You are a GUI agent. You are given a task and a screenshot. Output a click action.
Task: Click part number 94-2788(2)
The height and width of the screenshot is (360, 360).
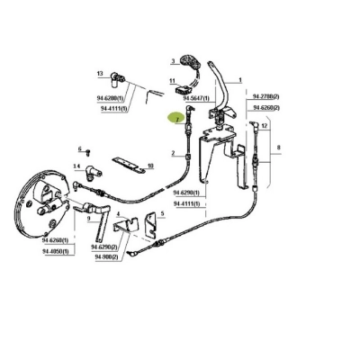coord(265,94)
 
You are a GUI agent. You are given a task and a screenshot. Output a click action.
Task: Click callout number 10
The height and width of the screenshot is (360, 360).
coord(150,166)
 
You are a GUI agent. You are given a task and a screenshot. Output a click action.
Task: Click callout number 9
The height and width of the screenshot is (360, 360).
coord(88,216)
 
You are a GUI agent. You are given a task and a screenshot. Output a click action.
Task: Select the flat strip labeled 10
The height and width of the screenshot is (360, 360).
coord(128,165)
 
